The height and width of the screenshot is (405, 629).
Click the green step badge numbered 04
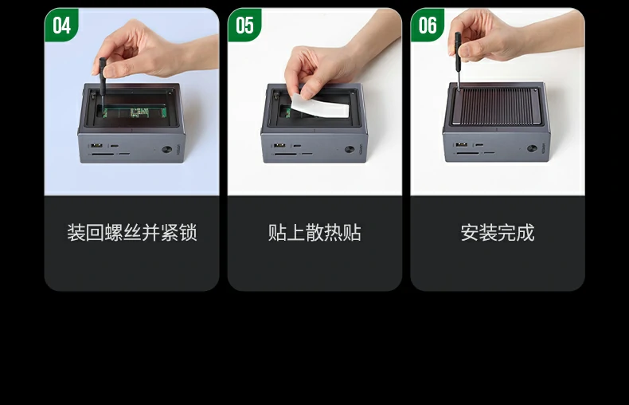(x=61, y=25)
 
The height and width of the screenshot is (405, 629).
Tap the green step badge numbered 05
(x=244, y=25)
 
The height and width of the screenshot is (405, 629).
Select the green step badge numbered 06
(x=428, y=25)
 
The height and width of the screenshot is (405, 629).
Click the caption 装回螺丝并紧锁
(x=132, y=233)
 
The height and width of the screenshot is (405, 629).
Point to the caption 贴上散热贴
(x=314, y=233)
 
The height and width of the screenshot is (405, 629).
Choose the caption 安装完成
(x=498, y=233)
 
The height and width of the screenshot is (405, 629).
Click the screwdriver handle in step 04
(x=102, y=77)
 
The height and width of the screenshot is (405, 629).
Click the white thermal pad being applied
(x=320, y=106)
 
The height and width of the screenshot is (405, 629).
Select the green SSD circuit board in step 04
(x=135, y=112)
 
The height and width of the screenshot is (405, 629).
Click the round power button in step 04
(x=167, y=150)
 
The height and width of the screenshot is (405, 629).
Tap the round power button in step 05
(x=350, y=149)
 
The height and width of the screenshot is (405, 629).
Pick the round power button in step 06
(x=532, y=148)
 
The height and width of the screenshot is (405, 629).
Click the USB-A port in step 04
(x=96, y=145)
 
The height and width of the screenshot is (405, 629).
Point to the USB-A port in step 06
(x=462, y=144)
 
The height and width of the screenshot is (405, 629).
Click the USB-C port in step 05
(x=297, y=146)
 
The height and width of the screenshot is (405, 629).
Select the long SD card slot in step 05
(x=285, y=155)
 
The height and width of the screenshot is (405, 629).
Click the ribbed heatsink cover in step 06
(x=496, y=107)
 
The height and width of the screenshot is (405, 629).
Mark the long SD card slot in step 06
(x=467, y=153)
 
